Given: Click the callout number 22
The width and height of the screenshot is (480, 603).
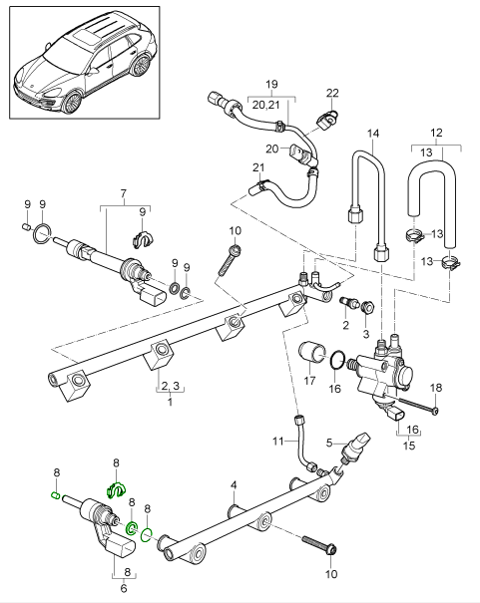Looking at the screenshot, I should click(332, 93).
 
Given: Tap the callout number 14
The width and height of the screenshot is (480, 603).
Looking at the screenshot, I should click(374, 133).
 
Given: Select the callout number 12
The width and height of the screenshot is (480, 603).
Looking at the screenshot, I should click(434, 133).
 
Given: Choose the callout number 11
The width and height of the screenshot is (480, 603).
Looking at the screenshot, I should click(280, 440).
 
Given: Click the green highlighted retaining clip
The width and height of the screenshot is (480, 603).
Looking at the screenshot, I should click(116, 489).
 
